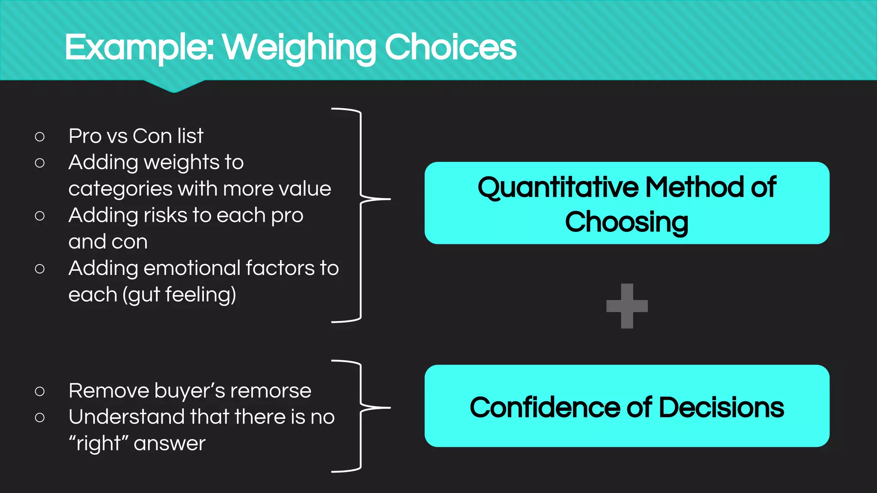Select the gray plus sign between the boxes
tap(627, 306)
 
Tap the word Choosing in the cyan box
tap(626, 222)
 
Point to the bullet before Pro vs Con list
tap(40, 137)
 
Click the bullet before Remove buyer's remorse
tap(40, 391)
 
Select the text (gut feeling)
tap(179, 295)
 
